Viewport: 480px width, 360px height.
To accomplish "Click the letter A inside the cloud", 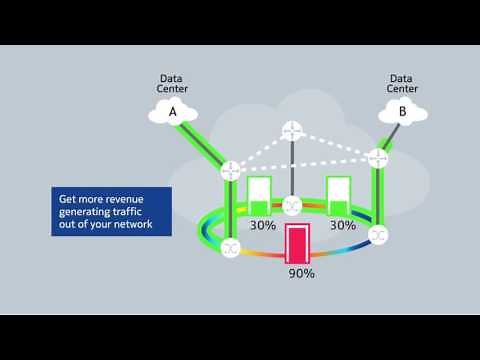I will coord(172,112).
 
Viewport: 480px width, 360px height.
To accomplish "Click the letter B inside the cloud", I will coord(402,112).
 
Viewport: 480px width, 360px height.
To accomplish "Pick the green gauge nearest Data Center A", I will coord(260,196).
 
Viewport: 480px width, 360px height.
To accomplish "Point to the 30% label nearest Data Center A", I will coord(262,226).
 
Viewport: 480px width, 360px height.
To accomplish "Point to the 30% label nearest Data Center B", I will coord(343,226).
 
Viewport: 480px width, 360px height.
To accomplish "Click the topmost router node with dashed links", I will coord(292,130).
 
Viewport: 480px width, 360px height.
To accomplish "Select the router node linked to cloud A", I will coord(231,169).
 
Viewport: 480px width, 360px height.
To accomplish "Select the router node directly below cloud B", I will coord(378,158).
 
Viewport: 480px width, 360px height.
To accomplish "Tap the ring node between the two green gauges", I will coord(292,205).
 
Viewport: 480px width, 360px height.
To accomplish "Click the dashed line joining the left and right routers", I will coord(304,164).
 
